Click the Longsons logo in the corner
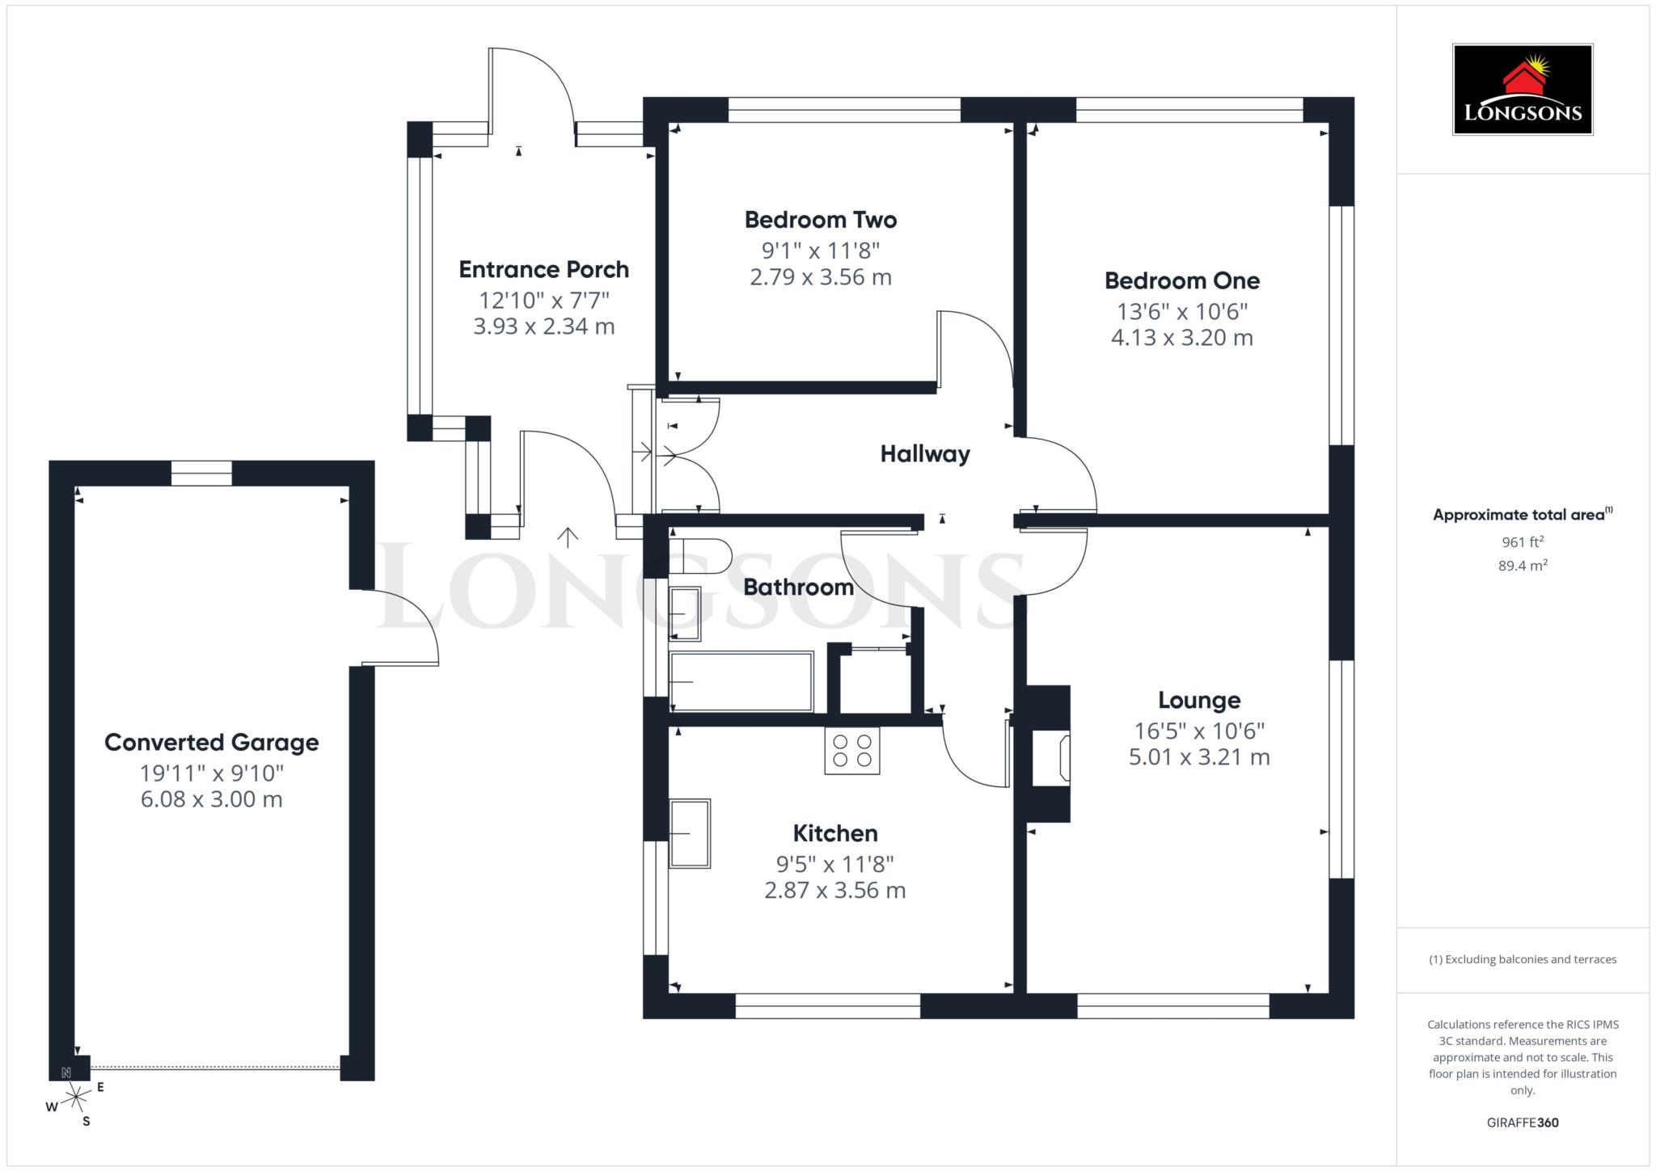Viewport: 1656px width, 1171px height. click(x=1522, y=90)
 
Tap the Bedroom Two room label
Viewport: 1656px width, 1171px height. click(x=820, y=220)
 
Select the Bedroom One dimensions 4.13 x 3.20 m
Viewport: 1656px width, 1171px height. click(x=1181, y=338)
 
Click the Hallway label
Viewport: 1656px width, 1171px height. click(x=924, y=454)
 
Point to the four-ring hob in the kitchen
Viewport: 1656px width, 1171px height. click(x=851, y=751)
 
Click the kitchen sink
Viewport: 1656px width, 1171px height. click(x=689, y=833)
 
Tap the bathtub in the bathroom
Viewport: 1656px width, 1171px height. click(x=741, y=682)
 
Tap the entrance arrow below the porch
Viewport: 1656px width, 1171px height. click(x=568, y=537)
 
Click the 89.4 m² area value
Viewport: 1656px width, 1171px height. click(x=1522, y=566)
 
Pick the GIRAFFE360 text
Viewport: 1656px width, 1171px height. click(x=1522, y=1123)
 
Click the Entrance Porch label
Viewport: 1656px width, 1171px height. click(x=543, y=270)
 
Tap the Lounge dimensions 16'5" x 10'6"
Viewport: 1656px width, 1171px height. click(x=1198, y=731)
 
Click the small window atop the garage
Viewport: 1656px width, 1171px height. click(x=201, y=473)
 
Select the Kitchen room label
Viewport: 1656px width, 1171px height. click(x=834, y=833)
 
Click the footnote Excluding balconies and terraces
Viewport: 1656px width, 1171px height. click(x=1522, y=959)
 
